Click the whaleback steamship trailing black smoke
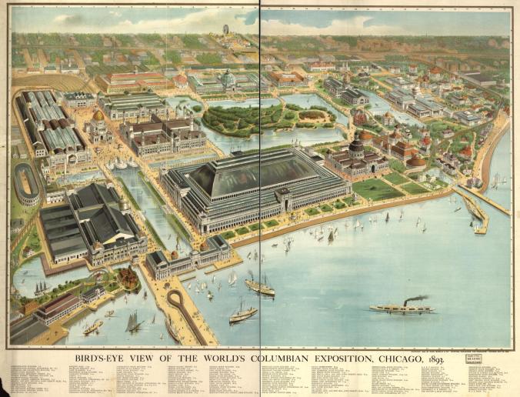(401, 309)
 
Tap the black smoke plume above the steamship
(417, 299)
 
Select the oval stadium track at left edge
(26, 183)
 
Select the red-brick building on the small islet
(128, 278)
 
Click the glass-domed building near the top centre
(228, 78)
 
